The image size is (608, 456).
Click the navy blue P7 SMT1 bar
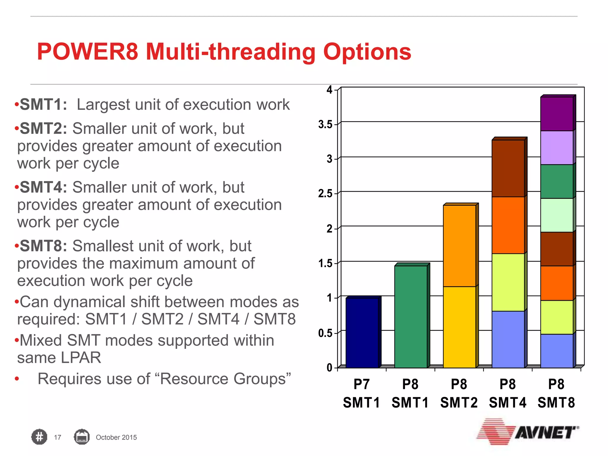point(362,332)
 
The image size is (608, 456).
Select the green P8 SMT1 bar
point(411,316)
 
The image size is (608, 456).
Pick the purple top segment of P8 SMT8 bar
point(557,114)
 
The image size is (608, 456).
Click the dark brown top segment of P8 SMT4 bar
point(508,168)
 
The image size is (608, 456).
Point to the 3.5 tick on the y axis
point(325,124)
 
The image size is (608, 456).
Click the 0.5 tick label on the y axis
point(325,333)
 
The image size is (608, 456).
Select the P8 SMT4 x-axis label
point(508,393)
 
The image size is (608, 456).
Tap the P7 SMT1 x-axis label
point(362,393)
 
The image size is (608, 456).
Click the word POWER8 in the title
point(88,52)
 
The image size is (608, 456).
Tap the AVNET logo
point(528,432)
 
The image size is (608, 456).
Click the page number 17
point(58,437)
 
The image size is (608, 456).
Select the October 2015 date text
point(116,437)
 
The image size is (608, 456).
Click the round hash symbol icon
point(39,437)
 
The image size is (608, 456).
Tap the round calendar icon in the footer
point(82,437)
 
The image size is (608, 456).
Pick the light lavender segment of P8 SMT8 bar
point(557,148)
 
